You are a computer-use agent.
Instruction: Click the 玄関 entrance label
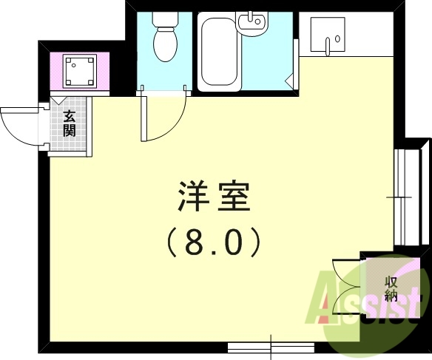69,124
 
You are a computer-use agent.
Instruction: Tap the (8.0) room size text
213,240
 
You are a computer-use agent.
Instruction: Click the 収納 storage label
391,290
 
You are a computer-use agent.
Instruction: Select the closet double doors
345,288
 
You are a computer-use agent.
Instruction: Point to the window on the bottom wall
271,345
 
